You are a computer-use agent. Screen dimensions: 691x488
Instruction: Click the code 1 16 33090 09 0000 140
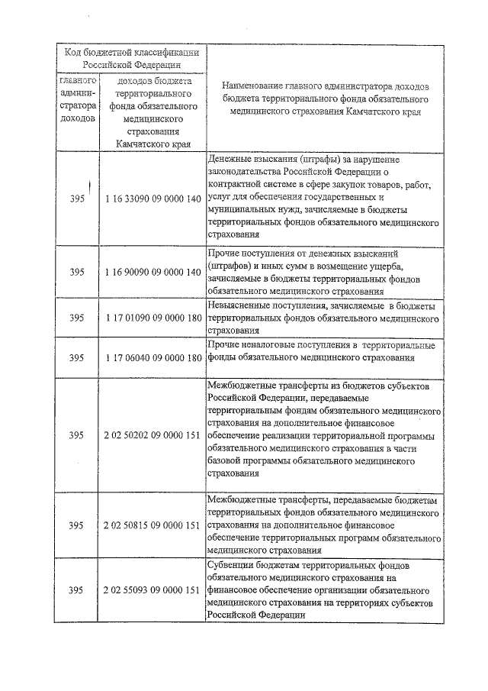(152, 199)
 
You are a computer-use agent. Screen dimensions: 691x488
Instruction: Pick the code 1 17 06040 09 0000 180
(152, 357)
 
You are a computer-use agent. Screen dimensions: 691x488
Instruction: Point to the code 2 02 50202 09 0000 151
(152, 435)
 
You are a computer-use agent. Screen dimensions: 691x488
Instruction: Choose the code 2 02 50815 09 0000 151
(152, 525)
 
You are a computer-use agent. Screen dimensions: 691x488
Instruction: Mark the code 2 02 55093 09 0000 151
(152, 590)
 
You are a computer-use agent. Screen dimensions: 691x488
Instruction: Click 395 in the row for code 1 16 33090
(77, 199)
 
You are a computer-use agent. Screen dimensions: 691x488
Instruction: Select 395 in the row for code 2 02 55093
(77, 590)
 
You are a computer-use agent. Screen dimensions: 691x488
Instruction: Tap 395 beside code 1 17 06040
(77, 357)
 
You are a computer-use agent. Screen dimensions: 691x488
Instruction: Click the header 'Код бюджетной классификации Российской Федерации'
(132, 58)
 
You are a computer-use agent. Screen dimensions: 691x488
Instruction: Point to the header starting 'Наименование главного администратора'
(326, 98)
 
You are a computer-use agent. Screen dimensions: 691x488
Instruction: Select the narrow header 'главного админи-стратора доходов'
(77, 99)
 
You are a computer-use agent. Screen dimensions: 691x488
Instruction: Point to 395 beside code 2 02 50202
(77, 435)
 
